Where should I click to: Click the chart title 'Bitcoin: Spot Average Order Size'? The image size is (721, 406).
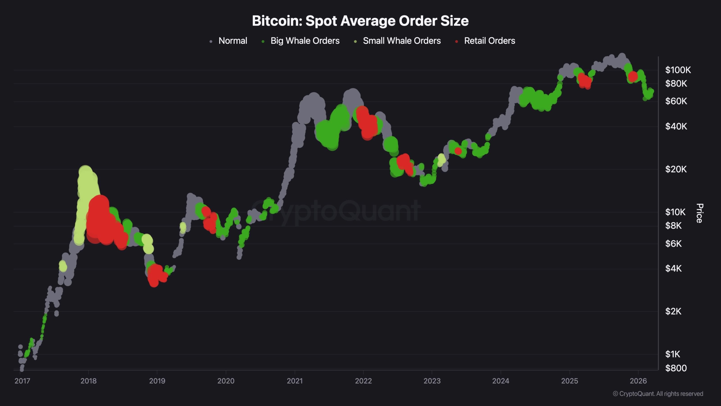pyautogui.click(x=360, y=21)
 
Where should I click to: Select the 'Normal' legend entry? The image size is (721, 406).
pyautogui.click(x=233, y=41)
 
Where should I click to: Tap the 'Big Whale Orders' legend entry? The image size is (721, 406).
pyautogui.click(x=305, y=41)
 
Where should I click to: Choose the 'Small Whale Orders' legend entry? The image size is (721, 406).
pyautogui.click(x=402, y=41)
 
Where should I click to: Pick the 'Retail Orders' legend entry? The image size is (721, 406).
pyautogui.click(x=489, y=41)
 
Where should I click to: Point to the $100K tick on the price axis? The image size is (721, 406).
pyautogui.click(x=678, y=70)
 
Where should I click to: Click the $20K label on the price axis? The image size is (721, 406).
pyautogui.click(x=676, y=169)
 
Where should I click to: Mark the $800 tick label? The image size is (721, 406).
pyautogui.click(x=676, y=368)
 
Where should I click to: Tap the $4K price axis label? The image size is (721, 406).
pyautogui.click(x=673, y=268)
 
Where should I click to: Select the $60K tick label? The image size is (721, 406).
pyautogui.click(x=676, y=101)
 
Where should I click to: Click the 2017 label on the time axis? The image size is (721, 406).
pyautogui.click(x=22, y=381)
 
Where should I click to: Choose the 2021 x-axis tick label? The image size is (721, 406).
pyautogui.click(x=295, y=381)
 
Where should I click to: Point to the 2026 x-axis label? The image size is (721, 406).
pyautogui.click(x=638, y=381)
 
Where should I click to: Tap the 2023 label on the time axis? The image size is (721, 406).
pyautogui.click(x=432, y=381)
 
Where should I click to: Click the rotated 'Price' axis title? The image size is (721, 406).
pyautogui.click(x=700, y=213)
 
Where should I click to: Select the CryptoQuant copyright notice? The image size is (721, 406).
pyautogui.click(x=658, y=394)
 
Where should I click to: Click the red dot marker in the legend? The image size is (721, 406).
pyautogui.click(x=457, y=41)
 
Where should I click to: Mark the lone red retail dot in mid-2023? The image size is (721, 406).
pyautogui.click(x=458, y=151)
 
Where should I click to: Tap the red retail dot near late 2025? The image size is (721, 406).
pyautogui.click(x=633, y=76)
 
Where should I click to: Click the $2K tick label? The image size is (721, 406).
pyautogui.click(x=673, y=311)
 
